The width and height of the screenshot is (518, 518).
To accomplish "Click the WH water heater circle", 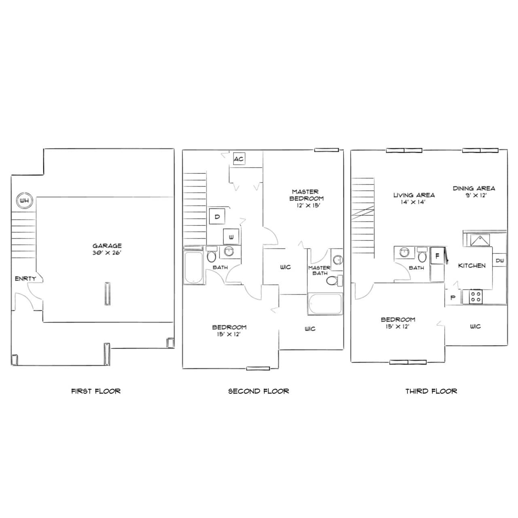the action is click(24, 201).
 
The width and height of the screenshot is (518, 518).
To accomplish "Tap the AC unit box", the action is click(239, 159).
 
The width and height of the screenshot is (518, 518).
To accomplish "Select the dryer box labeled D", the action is click(217, 216).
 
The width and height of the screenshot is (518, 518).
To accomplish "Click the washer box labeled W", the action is click(231, 237).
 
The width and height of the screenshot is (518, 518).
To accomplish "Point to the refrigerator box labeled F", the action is click(437, 256).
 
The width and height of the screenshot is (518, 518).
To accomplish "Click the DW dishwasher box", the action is click(499, 260).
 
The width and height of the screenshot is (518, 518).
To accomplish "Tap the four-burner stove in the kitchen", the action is click(476, 297).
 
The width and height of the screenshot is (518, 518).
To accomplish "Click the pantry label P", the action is click(453, 297).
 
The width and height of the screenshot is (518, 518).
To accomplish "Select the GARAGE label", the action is click(107, 246).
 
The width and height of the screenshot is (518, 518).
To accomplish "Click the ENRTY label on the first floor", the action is click(25, 279).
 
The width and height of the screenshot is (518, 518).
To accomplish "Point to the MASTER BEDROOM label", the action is click(306, 195).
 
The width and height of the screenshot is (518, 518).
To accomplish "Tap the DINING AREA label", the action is click(473, 189).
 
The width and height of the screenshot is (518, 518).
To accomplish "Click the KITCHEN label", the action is click(472, 265).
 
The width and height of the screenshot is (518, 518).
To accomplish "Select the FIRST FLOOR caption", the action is click(96, 391).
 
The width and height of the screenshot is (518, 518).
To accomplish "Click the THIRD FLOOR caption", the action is click(431, 391).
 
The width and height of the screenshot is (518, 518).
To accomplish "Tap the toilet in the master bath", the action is click(334, 280).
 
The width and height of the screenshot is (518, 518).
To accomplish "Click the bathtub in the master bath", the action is click(325, 304).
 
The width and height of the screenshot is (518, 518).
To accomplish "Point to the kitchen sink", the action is click(480, 240).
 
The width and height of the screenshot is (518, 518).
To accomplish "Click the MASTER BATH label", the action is click(319, 270).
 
